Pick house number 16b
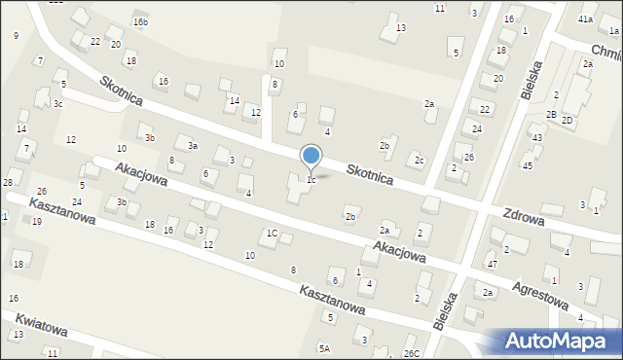coord(141,21)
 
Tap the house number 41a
coord(585,19)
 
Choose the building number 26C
coord(413,353)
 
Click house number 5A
coord(324,347)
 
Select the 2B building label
coord(551,115)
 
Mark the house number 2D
coord(567,120)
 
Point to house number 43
coord(536,138)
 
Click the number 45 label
coord(528,165)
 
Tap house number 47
coord(492,265)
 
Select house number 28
coord(8,183)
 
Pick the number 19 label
coord(37,222)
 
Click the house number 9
coord(16,36)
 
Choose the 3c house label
coord(58,103)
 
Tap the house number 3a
coord(193,146)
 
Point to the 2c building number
coord(419,160)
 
